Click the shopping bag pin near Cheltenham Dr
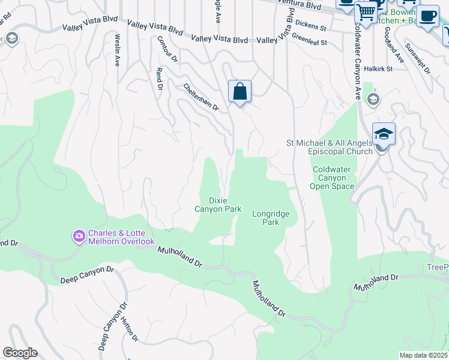coord(240,92)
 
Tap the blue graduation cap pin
coord(384,134)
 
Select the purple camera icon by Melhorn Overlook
coord(79,236)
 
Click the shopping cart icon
coord(365,12)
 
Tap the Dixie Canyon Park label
coord(217,205)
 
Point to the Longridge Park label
coord(271,218)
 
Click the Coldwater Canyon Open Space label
coord(332,178)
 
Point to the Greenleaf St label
coord(310,43)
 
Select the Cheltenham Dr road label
coord(202,96)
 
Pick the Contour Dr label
coord(167,49)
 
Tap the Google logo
coord(20,353)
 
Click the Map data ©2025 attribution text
coord(423,355)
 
